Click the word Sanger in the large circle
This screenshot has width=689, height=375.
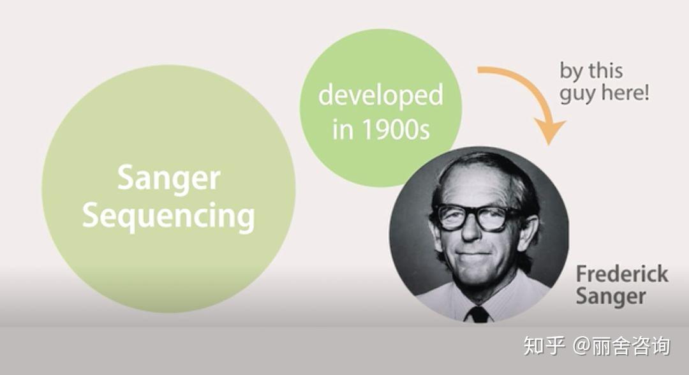tap(168, 179)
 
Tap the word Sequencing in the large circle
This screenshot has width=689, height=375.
tap(168, 216)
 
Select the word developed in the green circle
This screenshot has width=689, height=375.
tap(380, 95)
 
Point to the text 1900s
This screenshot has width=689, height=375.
tap(396, 129)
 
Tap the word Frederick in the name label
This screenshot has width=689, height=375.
tap(622, 274)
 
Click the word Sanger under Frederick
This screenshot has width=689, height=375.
tap(611, 297)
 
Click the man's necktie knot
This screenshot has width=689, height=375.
tap(478, 314)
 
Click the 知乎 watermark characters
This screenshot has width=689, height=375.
tap(544, 346)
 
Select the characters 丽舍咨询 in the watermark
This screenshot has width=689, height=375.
tap(631, 346)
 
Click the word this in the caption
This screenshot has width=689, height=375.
tap(605, 70)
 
